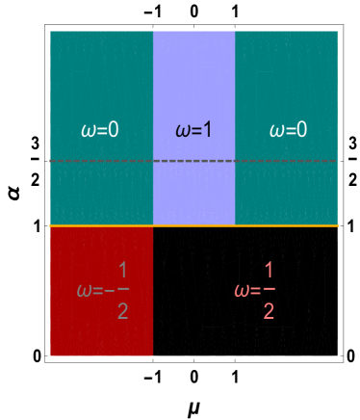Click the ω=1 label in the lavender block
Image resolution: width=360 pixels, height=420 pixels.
pos(193,129)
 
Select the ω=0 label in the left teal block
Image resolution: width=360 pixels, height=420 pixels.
pos(99,129)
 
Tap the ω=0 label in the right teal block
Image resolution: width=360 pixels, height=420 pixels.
pos(288,129)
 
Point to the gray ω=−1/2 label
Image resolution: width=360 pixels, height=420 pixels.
pos(103,289)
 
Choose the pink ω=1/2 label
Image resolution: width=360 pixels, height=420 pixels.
pos(255,289)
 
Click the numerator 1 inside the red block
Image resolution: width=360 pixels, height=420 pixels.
pos(122,269)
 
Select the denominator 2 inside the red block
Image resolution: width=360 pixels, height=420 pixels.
pos(122,310)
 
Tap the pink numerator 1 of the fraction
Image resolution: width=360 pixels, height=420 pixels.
pos(269,269)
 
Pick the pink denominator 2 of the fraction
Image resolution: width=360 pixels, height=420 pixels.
pos(269,310)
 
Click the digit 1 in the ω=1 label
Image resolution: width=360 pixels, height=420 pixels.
pos(207,129)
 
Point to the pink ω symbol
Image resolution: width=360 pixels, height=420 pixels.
pos(241,290)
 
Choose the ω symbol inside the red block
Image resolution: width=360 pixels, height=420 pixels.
pos(84,290)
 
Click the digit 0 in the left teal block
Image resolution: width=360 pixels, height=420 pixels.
pos(113,129)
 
